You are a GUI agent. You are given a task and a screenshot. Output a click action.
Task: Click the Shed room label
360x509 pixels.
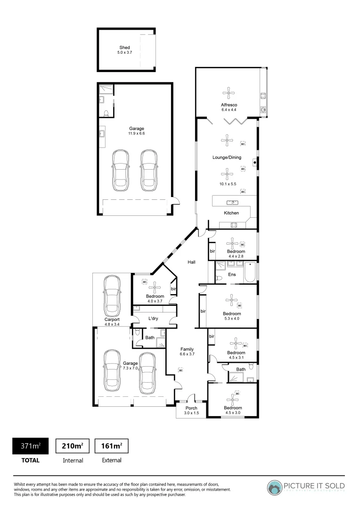click(x=124, y=48)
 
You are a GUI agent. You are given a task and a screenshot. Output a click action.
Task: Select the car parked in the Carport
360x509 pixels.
click(x=112, y=296)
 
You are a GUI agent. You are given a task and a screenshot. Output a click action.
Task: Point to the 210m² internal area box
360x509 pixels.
click(x=73, y=446)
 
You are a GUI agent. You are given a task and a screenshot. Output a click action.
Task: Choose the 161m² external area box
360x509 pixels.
click(x=112, y=446)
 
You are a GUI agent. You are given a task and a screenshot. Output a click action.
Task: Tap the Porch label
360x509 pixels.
click(x=191, y=408)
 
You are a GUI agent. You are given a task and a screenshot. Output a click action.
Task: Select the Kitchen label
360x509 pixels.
click(x=231, y=213)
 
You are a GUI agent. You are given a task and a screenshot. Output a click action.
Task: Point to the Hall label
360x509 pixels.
click(x=192, y=262)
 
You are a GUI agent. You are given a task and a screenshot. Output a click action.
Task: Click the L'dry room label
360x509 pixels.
click(x=153, y=319)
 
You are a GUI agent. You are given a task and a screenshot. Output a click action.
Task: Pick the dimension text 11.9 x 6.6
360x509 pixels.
click(x=137, y=134)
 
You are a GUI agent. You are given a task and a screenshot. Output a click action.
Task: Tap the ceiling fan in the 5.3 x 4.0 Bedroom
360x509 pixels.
click(x=231, y=300)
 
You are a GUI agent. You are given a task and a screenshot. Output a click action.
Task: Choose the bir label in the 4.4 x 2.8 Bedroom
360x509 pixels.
click(x=212, y=252)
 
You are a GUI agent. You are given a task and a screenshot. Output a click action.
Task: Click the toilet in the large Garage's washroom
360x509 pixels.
click(x=106, y=113)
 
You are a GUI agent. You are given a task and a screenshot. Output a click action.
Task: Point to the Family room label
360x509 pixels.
click(x=187, y=349)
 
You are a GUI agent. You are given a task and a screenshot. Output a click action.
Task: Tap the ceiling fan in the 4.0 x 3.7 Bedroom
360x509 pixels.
click(x=155, y=287)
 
